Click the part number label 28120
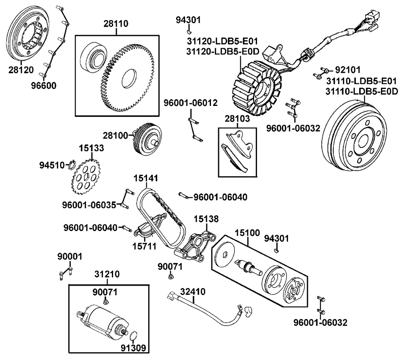[x=21, y=70]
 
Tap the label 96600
[x=44, y=85]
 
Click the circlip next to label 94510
[x=72, y=165]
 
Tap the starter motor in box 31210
[x=103, y=321]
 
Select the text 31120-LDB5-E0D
[x=222, y=51]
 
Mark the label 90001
[x=69, y=256]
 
